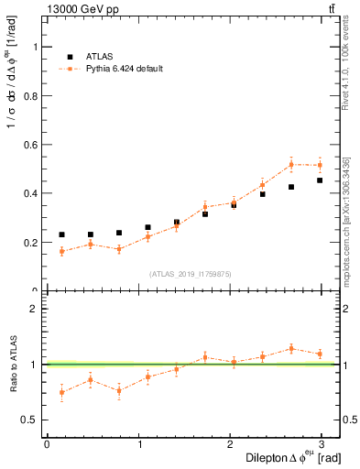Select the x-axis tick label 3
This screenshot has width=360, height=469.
pos(321,444)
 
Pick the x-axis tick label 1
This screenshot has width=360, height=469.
pos(140,444)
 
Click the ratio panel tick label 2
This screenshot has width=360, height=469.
pos(34,309)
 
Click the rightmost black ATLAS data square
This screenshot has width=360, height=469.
pos(320,180)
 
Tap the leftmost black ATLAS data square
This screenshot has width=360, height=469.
pos(61,234)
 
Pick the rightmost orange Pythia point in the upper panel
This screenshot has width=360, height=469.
pos(320,165)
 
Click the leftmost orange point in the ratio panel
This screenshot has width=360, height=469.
pos(61,392)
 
